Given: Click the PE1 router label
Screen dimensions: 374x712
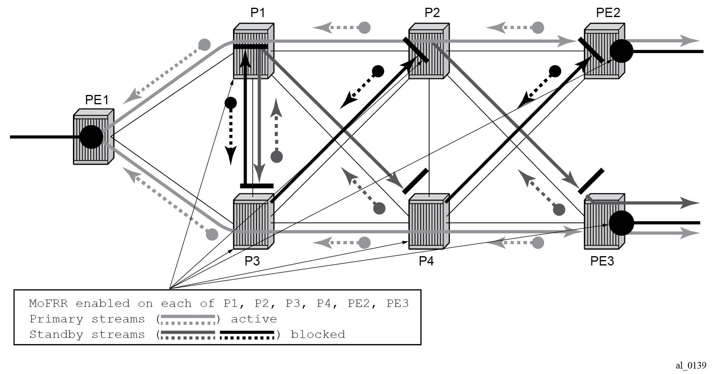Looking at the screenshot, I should click(x=97, y=100).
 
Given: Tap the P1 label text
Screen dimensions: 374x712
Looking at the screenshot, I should click(x=258, y=13).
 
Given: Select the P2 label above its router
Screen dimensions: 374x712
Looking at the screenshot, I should click(x=432, y=13).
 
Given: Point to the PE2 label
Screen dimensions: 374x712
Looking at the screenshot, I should click(x=608, y=13).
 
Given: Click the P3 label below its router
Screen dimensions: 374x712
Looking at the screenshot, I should click(x=252, y=261).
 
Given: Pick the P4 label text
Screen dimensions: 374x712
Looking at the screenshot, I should click(x=426, y=261).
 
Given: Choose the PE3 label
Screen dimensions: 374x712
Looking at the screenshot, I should click(x=602, y=261).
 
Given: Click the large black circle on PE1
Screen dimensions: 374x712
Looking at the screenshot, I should click(x=91, y=137).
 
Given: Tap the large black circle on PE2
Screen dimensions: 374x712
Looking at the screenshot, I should click(x=621, y=51).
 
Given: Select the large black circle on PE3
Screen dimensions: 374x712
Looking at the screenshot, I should click(x=621, y=223).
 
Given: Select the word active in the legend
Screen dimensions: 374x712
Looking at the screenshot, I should click(x=254, y=319).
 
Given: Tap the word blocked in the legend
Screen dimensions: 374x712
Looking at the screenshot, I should click(x=318, y=334).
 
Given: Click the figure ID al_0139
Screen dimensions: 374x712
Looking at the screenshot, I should click(x=691, y=365).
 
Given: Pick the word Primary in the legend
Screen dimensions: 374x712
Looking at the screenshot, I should click(x=56, y=319).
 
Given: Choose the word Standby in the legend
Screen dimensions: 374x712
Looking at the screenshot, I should click(x=56, y=334).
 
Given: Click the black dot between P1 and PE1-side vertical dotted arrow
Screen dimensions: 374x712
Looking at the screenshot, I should click(x=230, y=103).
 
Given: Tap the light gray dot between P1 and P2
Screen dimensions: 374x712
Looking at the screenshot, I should click(x=364, y=28).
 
